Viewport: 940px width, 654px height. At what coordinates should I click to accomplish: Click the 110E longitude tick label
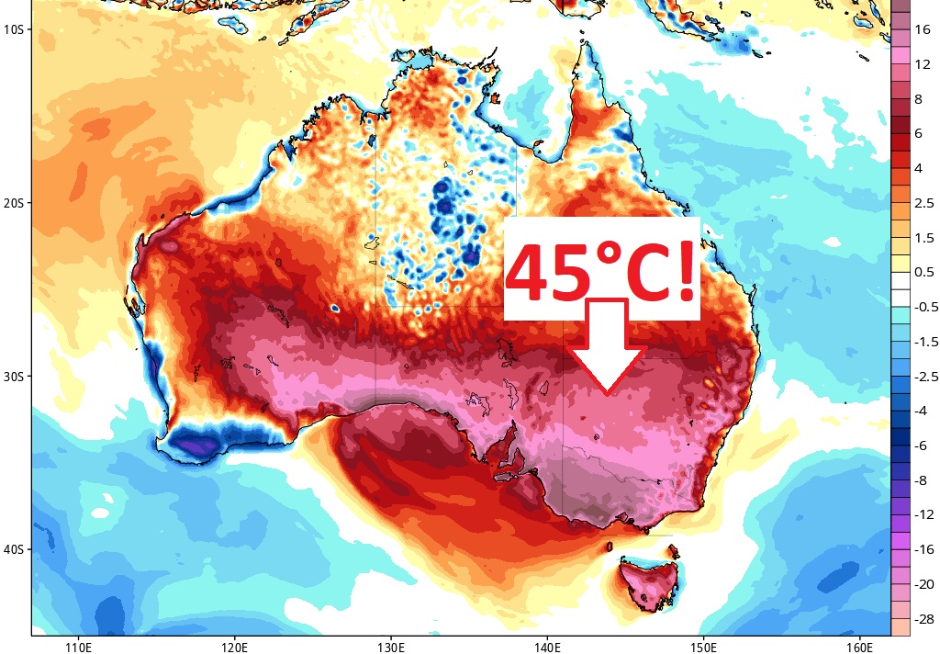click(78, 645)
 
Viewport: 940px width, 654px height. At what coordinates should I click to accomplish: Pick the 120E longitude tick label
click(234, 645)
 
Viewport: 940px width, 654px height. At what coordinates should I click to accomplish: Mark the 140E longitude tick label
click(547, 645)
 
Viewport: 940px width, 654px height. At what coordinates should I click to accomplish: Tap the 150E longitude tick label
click(703, 645)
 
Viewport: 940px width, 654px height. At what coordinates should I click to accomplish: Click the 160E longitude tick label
click(859, 645)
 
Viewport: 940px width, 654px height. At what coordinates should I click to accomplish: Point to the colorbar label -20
click(921, 584)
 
